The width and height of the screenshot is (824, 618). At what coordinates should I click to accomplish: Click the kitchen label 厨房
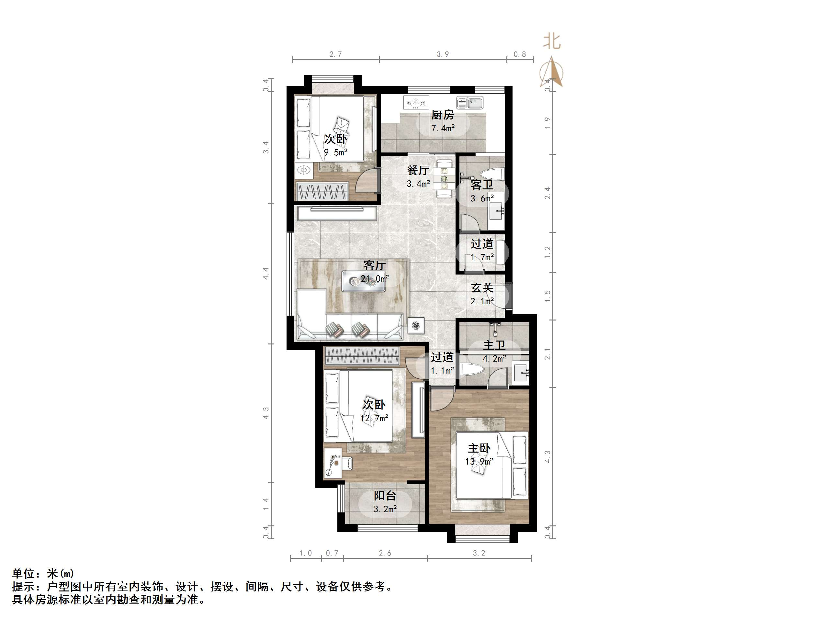tap(443, 115)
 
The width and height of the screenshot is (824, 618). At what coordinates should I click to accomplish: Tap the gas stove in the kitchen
tap(416, 102)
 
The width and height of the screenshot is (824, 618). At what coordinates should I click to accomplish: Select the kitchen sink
tap(470, 102)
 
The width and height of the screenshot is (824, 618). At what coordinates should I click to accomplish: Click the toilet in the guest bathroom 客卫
tap(491, 174)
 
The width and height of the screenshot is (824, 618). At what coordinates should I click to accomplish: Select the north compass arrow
tap(552, 73)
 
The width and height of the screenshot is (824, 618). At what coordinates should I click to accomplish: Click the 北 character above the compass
tap(552, 41)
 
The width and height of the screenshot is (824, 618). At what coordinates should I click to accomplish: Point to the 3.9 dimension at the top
tap(443, 54)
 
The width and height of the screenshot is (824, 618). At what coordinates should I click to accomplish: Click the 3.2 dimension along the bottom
tap(479, 553)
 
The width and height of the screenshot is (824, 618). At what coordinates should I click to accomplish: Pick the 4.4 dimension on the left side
tap(266, 274)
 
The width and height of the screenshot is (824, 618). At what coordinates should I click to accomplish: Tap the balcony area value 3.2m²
tap(385, 509)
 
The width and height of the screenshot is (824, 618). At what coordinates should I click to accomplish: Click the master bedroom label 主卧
tap(479, 448)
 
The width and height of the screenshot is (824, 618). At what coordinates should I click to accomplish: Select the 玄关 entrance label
tap(482, 287)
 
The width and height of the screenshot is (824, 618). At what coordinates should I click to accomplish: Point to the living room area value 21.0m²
tap(375, 278)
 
